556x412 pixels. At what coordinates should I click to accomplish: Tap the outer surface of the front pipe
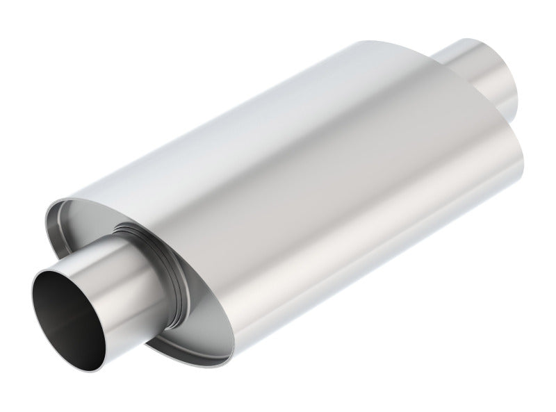point(122,278)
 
